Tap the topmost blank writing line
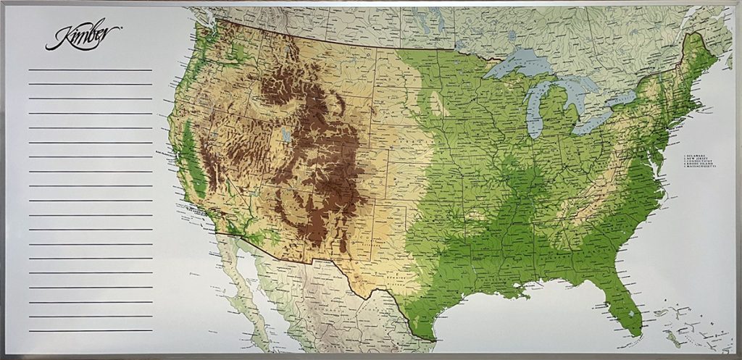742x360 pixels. click(x=90, y=70)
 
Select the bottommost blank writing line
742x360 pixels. click(x=90, y=331)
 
